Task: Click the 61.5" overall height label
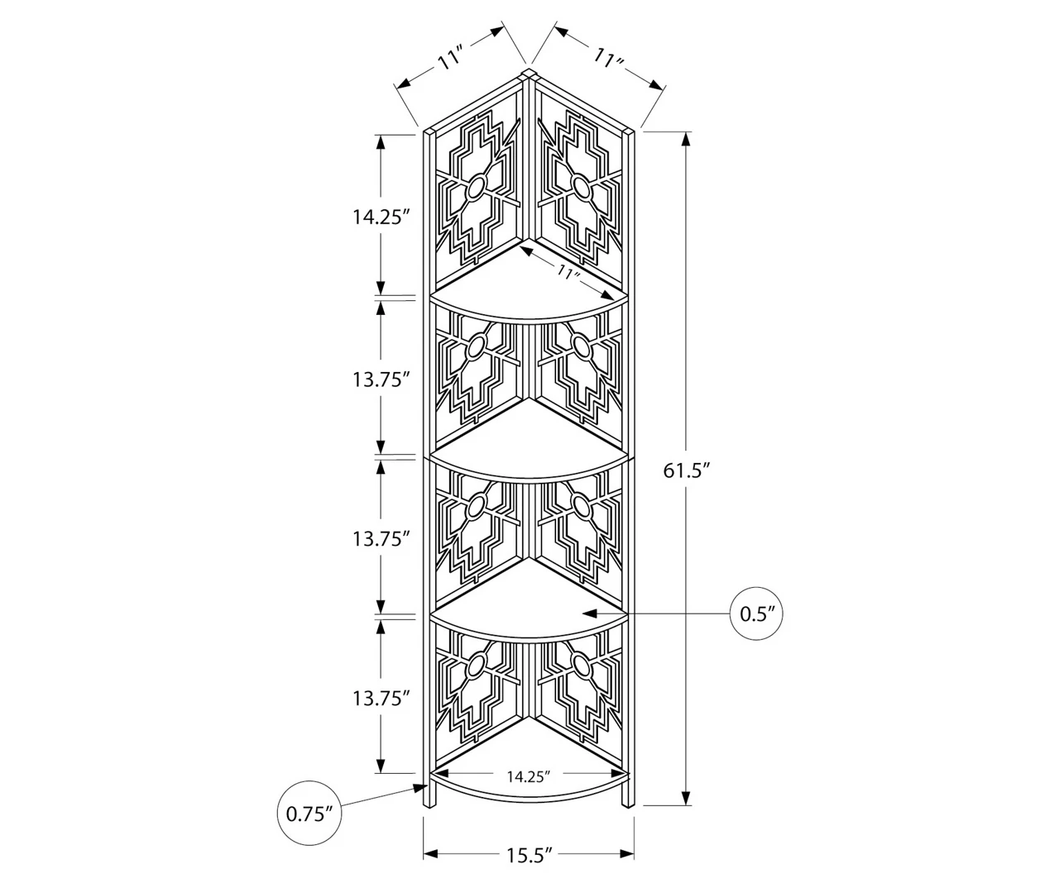tap(687, 470)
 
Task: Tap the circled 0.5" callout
tap(756, 613)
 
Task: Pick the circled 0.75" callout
tap(309, 813)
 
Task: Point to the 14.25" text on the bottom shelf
tap(529, 776)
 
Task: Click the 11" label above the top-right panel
tap(608, 58)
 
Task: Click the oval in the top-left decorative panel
tap(476, 189)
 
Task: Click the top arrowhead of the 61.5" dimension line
tap(686, 137)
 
